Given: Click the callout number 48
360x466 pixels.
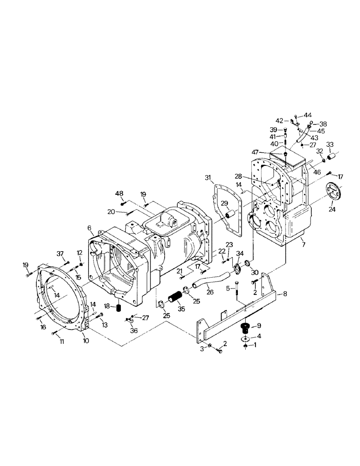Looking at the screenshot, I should pos(119,193).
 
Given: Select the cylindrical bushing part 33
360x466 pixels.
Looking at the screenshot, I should pos(331,158).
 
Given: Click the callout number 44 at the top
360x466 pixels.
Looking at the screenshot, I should pos(308,115).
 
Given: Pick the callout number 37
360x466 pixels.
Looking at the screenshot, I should pos(60,253).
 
